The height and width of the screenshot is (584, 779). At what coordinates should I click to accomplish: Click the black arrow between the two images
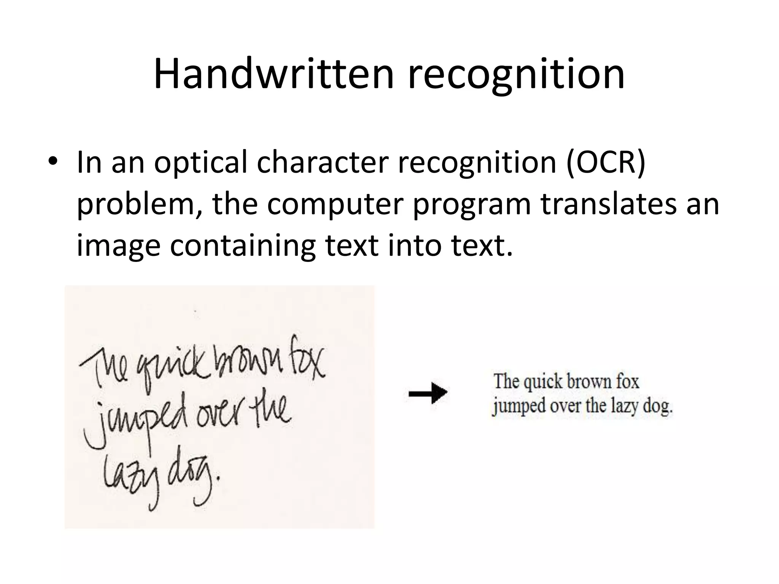[x=428, y=393]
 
